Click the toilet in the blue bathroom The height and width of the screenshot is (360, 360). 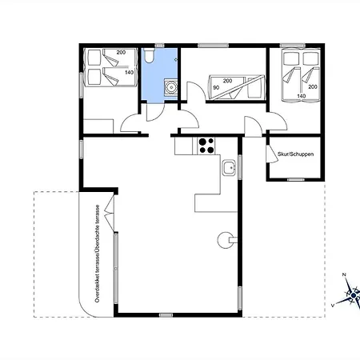(x=149, y=55)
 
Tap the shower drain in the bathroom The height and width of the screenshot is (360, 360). (x=170, y=86)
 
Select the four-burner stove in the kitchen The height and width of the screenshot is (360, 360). (x=206, y=146)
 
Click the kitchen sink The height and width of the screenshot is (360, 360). (x=229, y=167)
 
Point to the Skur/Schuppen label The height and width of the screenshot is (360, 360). (x=295, y=154)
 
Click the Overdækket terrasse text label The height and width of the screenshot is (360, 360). (x=98, y=254)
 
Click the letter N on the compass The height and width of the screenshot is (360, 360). (x=344, y=274)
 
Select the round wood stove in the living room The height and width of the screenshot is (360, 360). (x=226, y=240)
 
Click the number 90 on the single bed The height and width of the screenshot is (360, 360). (x=216, y=87)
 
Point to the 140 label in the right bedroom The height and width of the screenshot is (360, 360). (x=302, y=96)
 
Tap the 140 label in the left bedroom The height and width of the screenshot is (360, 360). (x=129, y=72)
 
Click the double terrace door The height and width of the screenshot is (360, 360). (x=110, y=214)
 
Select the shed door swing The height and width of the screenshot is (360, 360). (x=272, y=154)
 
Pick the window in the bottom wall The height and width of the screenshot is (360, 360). (x=166, y=315)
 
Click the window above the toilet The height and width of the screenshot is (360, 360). (x=159, y=46)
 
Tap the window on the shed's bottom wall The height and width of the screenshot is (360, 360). (x=295, y=179)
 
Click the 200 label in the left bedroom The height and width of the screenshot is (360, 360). (x=121, y=52)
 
